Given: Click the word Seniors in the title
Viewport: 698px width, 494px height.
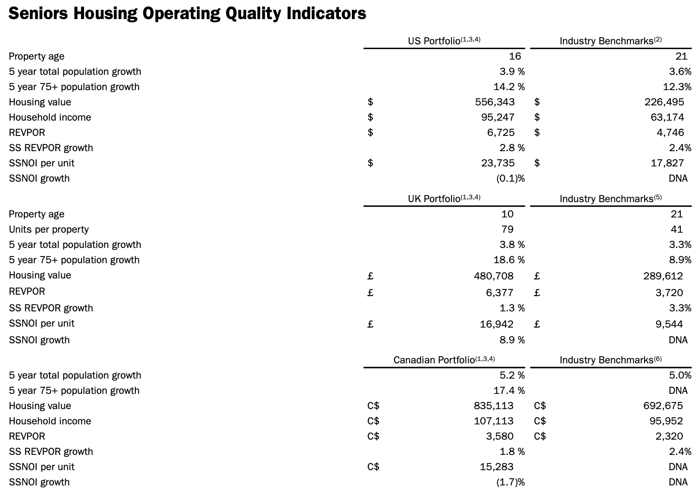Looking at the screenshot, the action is coord(38,13).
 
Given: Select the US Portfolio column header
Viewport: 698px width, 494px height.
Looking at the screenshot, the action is coord(444,41).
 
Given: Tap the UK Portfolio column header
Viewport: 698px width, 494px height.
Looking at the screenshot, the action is coord(444,198).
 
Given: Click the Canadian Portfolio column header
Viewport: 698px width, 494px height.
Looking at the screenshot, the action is coord(444,360).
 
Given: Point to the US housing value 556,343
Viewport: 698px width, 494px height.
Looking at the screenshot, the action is coord(494,102).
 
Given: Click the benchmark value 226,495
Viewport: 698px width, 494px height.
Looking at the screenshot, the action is coord(664,102).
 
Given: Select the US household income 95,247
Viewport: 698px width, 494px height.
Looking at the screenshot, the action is coord(498,117).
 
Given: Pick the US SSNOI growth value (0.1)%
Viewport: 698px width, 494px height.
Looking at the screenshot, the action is coord(511,178).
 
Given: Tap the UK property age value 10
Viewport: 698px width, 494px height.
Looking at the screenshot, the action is coord(507,214).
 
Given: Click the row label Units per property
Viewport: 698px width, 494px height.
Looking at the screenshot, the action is coord(49,229).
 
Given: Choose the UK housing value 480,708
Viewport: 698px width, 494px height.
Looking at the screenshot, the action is coord(493,276).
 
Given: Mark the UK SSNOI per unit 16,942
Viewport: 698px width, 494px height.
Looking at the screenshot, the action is coord(496,324).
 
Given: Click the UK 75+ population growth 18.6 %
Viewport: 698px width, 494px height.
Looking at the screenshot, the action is coord(509,259).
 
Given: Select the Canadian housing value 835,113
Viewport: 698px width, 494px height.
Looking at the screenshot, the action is coord(493,405).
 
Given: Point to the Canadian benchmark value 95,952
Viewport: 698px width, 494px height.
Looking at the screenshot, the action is coord(666,421).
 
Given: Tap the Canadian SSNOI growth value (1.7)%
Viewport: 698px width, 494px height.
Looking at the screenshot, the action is coord(511,482).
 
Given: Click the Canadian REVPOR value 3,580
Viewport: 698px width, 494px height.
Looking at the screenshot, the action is coord(500,436).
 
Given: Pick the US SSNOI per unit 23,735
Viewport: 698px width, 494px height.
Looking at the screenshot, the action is coord(498,163).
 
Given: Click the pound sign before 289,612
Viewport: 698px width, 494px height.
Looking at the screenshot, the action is coord(536,276).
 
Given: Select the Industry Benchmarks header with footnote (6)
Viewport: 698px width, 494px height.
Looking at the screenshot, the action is coord(610,360).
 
